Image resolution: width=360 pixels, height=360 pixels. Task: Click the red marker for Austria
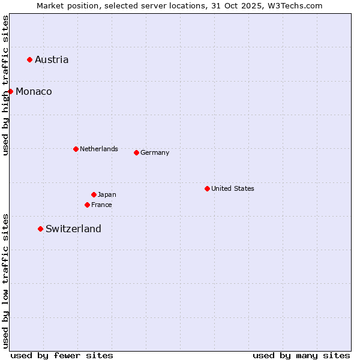tap(29, 59)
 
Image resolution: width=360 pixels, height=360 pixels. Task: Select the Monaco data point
tap(10, 91)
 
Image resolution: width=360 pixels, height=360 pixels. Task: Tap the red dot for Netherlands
tap(76, 149)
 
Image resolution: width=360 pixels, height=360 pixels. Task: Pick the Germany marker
tap(136, 152)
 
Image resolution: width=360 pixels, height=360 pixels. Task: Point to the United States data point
tap(207, 188)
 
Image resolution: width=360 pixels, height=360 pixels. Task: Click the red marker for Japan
tap(94, 194)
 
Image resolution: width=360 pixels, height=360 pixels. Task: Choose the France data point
tap(87, 205)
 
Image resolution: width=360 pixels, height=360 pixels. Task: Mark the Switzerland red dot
tap(40, 229)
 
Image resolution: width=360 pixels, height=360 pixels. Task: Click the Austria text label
tap(52, 59)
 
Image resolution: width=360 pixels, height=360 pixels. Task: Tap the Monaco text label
tap(34, 91)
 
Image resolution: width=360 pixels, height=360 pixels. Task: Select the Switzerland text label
tap(73, 229)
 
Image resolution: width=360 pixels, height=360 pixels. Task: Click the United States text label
tap(233, 188)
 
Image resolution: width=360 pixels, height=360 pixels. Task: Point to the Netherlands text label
tap(99, 149)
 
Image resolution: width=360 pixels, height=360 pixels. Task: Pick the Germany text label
tap(155, 152)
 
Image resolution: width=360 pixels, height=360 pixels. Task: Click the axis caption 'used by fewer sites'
tap(62, 355)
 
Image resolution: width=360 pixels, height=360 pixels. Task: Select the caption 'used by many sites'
tap(301, 355)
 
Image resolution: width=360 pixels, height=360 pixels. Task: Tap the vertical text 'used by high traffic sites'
tap(5, 85)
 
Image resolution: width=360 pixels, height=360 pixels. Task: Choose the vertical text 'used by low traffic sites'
tap(5, 281)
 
